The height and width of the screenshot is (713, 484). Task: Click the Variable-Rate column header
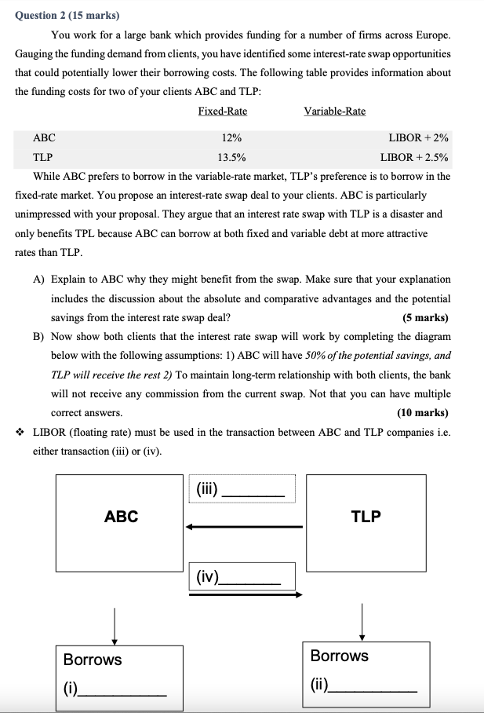point(334,111)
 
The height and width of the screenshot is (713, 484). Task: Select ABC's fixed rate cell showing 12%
point(231,137)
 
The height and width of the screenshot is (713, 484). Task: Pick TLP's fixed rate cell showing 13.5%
point(231,156)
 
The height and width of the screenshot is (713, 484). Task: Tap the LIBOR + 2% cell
point(418,137)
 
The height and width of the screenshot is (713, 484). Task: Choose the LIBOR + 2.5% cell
point(413,156)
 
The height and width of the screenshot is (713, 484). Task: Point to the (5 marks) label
point(425,318)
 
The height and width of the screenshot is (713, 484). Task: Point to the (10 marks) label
point(423,412)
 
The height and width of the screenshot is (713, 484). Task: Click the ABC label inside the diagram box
point(121,516)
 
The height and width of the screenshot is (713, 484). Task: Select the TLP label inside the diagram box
point(366,516)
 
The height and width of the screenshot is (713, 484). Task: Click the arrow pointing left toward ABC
point(243,526)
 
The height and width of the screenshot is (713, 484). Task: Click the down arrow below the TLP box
point(362,621)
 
